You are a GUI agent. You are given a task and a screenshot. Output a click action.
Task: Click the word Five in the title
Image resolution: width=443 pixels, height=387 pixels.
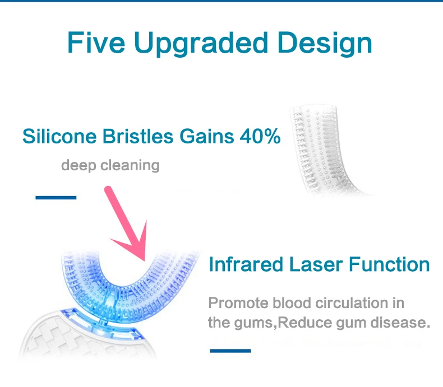[x=96, y=43]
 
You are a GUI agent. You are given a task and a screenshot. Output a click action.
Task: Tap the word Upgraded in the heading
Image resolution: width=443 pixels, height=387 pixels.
[x=201, y=44]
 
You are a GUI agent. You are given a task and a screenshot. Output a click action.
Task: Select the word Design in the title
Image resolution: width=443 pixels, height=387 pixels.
[x=325, y=44]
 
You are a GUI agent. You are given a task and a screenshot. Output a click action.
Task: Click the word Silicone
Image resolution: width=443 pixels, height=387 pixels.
[x=59, y=136]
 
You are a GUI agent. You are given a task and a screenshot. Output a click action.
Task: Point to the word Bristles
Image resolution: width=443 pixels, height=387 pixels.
[x=138, y=136]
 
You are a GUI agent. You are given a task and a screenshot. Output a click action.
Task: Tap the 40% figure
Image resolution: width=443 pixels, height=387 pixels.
[x=260, y=136]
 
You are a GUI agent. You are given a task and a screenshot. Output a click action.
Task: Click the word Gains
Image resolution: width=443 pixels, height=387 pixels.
[x=207, y=136]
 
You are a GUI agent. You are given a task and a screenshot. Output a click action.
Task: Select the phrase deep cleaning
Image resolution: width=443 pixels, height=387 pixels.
[x=110, y=165]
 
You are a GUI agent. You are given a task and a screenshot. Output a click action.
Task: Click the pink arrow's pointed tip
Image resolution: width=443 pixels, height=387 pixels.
[x=144, y=260]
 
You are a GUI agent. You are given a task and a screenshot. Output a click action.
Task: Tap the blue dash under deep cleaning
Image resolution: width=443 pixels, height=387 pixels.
[x=56, y=198]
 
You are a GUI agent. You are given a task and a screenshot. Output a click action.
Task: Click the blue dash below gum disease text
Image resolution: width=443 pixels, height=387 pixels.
[x=230, y=351]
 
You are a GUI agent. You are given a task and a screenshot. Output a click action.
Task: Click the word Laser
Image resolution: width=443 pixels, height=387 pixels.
[x=316, y=264]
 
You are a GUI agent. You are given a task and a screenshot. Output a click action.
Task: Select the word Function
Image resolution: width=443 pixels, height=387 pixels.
[x=389, y=264]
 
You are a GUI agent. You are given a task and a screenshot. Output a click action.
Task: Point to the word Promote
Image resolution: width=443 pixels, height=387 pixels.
[x=238, y=303]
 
